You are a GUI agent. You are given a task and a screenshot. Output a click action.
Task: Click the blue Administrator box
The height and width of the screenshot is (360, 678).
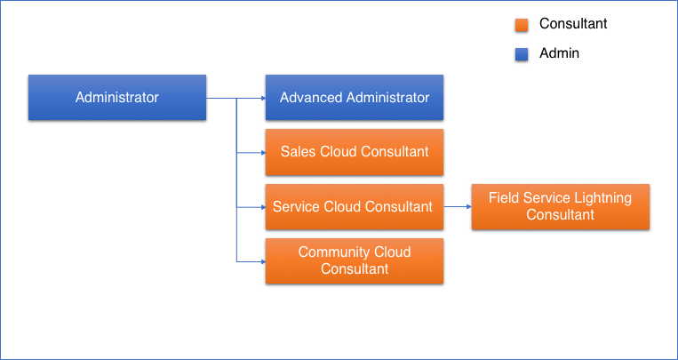point(117,98)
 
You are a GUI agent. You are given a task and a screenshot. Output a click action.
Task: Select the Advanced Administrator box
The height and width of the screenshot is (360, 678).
point(355,98)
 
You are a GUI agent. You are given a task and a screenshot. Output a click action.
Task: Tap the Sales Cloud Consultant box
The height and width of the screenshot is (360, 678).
point(355,152)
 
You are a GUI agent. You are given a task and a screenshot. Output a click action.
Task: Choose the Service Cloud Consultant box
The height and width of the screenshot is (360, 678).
point(355,207)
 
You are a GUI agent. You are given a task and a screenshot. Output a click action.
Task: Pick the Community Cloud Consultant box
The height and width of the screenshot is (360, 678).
point(355,260)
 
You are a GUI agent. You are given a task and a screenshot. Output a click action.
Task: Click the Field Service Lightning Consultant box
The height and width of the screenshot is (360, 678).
point(560,206)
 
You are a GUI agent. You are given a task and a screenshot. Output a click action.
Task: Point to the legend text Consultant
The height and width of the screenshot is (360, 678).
point(573,24)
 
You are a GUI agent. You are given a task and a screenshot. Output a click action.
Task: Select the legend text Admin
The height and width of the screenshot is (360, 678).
point(559,53)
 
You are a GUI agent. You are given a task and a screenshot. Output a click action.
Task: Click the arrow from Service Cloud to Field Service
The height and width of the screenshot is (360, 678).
point(457,206)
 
